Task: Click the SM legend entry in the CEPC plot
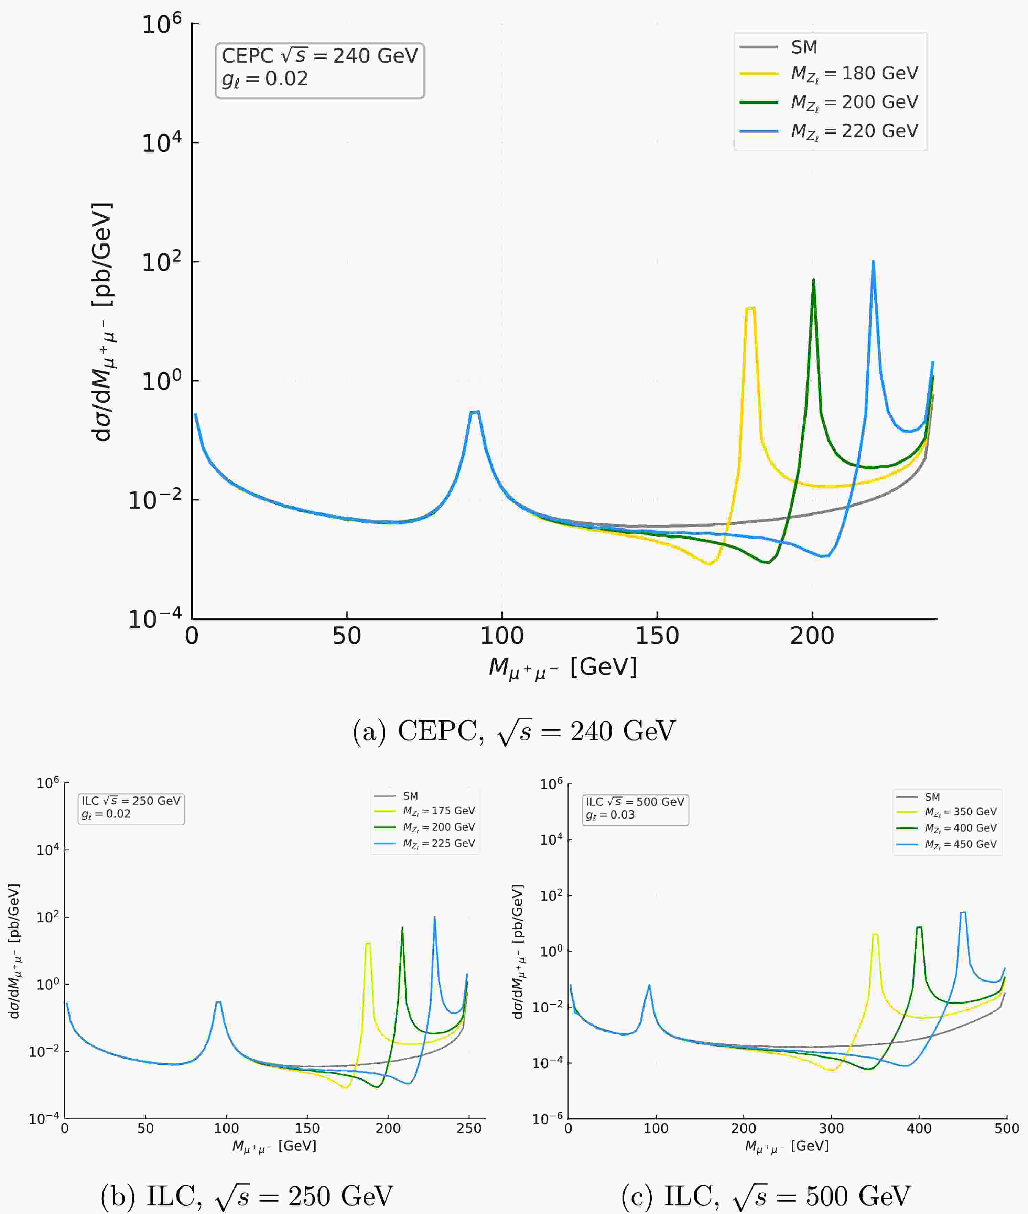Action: tap(804, 47)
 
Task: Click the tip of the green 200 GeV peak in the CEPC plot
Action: tap(813, 280)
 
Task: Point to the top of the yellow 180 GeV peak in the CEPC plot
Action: tap(750, 308)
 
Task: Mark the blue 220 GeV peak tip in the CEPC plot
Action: tap(873, 262)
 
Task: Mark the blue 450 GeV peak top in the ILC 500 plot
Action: tap(963, 913)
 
